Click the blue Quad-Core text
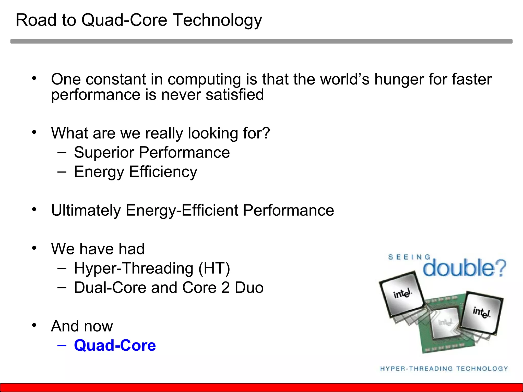click(115, 345)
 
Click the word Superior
click(104, 153)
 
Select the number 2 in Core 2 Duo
click(225, 288)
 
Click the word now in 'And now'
click(98, 326)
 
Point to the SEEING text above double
click(409, 257)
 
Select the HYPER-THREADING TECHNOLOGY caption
click(444, 369)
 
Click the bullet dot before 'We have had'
click(34, 248)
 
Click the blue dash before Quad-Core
click(62, 345)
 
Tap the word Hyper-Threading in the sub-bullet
click(134, 268)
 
